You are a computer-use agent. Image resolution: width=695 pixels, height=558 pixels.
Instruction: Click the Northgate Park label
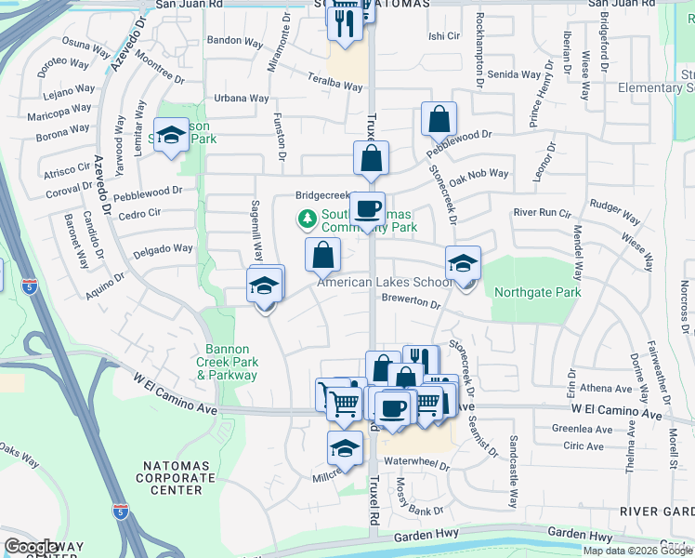[537, 292]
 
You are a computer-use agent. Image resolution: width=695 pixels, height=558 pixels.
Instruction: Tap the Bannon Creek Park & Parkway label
[227, 363]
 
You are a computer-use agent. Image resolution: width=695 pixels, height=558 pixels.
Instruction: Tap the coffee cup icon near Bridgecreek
[368, 208]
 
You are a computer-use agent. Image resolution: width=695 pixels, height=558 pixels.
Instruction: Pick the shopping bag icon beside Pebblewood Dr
[439, 119]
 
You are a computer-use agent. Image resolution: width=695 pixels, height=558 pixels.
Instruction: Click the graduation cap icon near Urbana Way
[172, 136]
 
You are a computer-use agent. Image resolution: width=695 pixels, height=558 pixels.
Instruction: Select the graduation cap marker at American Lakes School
[463, 263]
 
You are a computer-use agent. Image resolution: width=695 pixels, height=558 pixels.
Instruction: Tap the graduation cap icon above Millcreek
[345, 448]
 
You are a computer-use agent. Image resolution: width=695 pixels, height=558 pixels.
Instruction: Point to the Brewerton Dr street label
[411, 303]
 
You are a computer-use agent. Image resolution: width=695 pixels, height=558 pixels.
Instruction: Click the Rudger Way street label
[614, 219]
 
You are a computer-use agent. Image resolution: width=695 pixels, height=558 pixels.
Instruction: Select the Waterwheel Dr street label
[415, 461]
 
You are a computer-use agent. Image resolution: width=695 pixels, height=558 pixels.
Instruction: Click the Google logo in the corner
[30, 547]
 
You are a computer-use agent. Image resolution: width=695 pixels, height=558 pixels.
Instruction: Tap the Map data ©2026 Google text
[636, 551]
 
